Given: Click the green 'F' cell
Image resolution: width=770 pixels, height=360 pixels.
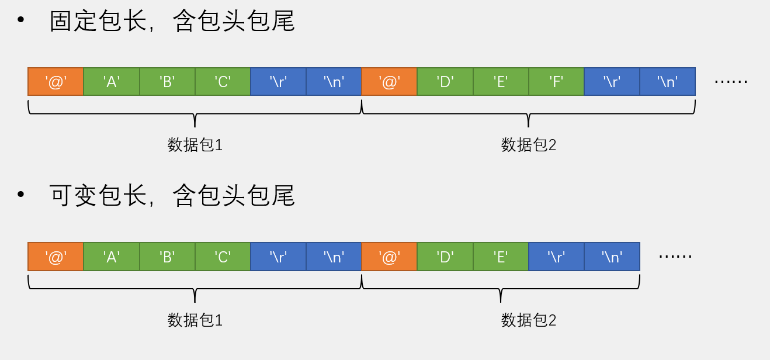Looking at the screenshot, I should (x=556, y=82).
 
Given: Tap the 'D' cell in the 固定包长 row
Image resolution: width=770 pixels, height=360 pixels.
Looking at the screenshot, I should (x=445, y=82).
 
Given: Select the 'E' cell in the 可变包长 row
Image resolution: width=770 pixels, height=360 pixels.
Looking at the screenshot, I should (x=501, y=257).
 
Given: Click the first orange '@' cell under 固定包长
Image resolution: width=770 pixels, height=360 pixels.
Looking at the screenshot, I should (x=56, y=82).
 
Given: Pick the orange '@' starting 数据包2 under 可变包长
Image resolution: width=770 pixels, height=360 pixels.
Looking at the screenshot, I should (x=389, y=257).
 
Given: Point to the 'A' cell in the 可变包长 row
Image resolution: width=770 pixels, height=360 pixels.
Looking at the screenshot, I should (x=111, y=257).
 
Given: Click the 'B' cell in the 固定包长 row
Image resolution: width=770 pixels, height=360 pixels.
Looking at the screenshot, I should (x=167, y=82).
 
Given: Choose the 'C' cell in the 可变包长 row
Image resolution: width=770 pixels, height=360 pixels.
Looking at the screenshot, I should (x=223, y=257).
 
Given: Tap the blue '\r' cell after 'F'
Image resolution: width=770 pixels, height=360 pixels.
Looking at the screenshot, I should (x=612, y=82).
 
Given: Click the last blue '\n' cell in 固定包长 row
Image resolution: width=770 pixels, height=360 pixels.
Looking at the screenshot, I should (x=667, y=82).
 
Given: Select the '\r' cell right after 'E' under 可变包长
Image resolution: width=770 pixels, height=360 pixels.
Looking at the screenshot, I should (x=556, y=257).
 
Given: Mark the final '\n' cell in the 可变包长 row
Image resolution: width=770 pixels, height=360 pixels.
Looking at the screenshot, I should (x=612, y=257).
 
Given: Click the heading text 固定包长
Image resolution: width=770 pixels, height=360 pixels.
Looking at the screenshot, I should (x=98, y=21).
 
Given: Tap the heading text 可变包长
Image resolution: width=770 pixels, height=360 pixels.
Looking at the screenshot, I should (x=98, y=195).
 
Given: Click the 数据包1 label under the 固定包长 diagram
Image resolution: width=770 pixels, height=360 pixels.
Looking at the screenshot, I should (x=195, y=145).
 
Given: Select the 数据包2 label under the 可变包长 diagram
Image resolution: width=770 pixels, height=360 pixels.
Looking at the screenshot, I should (x=528, y=320).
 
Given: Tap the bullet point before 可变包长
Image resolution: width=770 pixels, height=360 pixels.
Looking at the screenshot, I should (x=21, y=194).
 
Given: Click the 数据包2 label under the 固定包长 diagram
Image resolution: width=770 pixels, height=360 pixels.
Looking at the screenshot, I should (x=528, y=145).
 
